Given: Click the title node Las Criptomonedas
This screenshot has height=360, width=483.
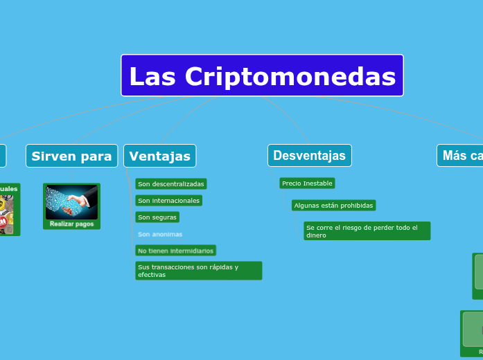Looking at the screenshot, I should (262, 75).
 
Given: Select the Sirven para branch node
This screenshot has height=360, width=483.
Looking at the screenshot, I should (71, 156).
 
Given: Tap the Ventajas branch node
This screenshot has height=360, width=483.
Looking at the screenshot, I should (159, 156).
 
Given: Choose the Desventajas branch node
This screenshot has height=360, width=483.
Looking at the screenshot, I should (309, 155).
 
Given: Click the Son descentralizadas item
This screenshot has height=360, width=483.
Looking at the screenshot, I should (170, 183).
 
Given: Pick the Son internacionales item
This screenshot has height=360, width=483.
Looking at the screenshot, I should (168, 200).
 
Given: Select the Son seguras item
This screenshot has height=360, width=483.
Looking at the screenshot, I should (157, 217).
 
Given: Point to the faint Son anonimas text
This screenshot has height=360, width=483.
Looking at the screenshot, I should (160, 234).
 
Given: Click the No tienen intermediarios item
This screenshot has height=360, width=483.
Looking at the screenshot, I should (175, 250).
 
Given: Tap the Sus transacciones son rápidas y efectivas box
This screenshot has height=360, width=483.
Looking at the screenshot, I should (198, 271).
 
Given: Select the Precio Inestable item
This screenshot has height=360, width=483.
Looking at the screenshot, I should (307, 183).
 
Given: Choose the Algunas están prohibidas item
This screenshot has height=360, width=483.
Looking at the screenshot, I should (333, 205).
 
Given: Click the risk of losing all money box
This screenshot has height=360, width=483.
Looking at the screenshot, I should (367, 231).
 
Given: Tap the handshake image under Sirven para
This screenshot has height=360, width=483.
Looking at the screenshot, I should (71, 202).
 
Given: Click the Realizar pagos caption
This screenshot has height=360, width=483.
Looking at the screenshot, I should (71, 224).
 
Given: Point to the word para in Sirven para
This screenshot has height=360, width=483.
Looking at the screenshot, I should (97, 156).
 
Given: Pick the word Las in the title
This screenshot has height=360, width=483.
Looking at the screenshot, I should (153, 76).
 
